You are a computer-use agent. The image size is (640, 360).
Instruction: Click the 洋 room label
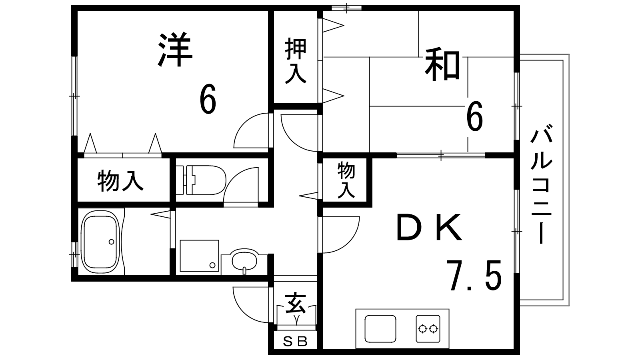pos(176,50)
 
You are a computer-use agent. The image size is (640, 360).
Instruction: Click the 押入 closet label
pos(296,61)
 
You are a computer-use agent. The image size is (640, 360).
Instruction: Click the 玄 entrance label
pos(296,303)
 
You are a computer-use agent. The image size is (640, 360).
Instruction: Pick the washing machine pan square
pos(199,256)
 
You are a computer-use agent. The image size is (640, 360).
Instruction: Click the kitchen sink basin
pos(380,328)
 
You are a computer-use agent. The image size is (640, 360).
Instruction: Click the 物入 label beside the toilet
pos(120,181)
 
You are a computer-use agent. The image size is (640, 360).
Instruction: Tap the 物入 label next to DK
pos(346,180)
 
